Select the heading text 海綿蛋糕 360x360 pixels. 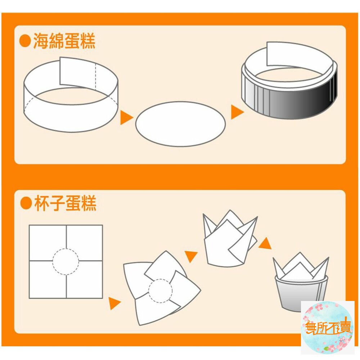click(x=64, y=41)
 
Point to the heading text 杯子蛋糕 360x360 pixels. click(x=65, y=204)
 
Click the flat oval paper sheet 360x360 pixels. click(x=180, y=124)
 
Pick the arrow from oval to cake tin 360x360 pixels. click(x=237, y=112)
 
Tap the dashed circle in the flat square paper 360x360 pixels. click(x=66, y=261)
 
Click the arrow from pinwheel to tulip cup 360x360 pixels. click(x=191, y=256)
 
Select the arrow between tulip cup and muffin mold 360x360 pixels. click(x=265, y=244)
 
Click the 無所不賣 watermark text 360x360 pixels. click(x=328, y=328)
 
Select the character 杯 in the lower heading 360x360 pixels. click(x=41, y=204)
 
